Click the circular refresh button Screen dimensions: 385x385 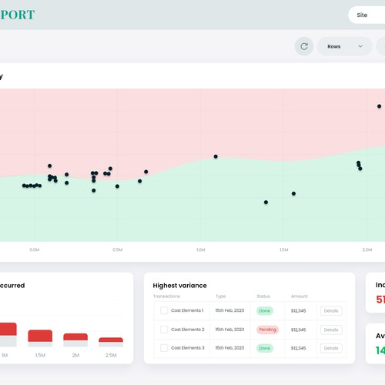coord(304,46)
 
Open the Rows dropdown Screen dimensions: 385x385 coord(343,46)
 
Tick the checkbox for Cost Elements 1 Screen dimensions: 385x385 coord(164,310)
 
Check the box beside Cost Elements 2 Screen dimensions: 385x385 coord(164,330)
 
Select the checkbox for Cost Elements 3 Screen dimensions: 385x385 coord(164,348)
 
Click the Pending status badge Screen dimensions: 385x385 coord(266,330)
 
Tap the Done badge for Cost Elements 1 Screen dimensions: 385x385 coord(265,310)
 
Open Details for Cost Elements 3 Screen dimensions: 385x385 coord(331,348)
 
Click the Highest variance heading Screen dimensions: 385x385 coord(179,286)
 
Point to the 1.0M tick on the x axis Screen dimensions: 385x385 coord(200,249)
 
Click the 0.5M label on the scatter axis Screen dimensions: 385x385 coord(117,249)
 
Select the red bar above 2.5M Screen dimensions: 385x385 coord(111,340)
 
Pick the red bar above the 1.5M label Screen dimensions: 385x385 coord(40,335)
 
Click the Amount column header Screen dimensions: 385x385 coord(299,296)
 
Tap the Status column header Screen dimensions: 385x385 coord(263,296)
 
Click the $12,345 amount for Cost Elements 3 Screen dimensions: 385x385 coord(299,348)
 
